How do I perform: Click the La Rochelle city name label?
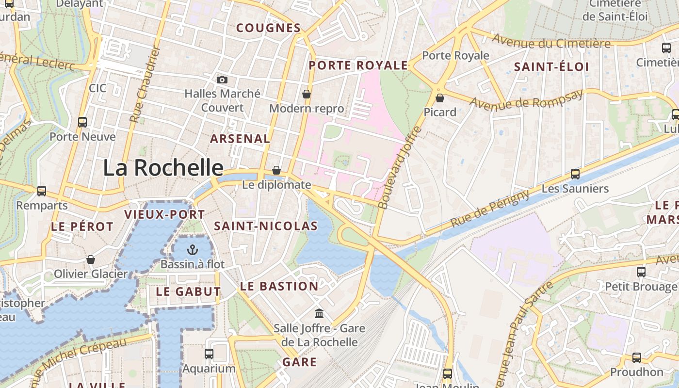[x=163, y=168]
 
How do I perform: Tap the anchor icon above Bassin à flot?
[x=193, y=250]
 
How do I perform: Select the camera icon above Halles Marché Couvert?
[x=222, y=80]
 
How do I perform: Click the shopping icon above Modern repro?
[x=307, y=94]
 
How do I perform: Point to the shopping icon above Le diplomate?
[x=276, y=170]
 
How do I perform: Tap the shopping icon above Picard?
[x=440, y=98]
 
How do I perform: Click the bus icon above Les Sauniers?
[x=575, y=174]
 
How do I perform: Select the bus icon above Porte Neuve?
[x=82, y=122]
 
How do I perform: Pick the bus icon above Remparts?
[x=42, y=191]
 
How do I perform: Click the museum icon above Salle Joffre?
[x=319, y=314]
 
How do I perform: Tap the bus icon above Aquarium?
[x=209, y=354]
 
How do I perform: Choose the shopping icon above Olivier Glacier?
[x=91, y=259]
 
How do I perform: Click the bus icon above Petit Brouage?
[x=641, y=272]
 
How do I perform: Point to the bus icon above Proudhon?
[x=637, y=358]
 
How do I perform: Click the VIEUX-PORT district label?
[x=164, y=214]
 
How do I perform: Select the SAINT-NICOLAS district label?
[x=266, y=226]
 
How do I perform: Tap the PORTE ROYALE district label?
[x=358, y=65]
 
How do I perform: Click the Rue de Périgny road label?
[x=490, y=209]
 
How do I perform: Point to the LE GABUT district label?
[x=188, y=291]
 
